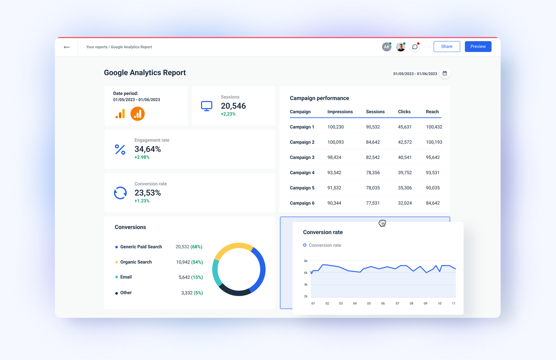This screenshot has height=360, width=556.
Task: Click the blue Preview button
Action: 478,46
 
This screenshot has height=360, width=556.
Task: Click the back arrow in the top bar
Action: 67,47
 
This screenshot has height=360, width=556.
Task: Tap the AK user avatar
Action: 386,47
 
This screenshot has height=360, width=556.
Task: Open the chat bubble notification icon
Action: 415,47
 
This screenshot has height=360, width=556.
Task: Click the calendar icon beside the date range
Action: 445,74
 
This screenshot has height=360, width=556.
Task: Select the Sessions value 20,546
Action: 233,106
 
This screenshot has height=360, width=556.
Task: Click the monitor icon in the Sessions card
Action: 207,106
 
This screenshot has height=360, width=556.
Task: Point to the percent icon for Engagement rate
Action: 120,149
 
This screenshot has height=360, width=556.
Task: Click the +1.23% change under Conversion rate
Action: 142,201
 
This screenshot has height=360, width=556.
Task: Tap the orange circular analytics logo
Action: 137,114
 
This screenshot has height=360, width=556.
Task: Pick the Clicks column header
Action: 404,112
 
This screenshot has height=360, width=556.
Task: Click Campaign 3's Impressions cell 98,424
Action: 334,157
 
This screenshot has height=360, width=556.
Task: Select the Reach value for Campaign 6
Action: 432,203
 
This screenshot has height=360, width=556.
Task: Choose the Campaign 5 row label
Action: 302,188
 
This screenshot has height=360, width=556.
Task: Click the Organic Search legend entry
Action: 136,262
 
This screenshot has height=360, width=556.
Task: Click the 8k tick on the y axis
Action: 306,261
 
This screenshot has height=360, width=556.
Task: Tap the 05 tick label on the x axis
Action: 369,303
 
